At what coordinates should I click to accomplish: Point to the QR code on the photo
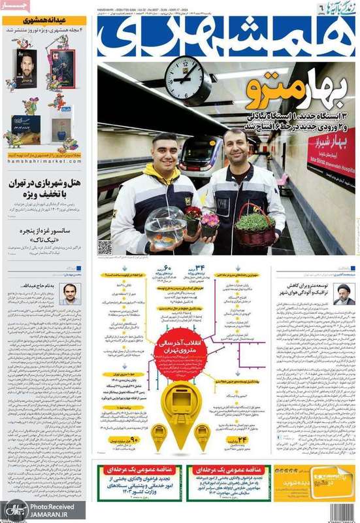coord(105,246)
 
